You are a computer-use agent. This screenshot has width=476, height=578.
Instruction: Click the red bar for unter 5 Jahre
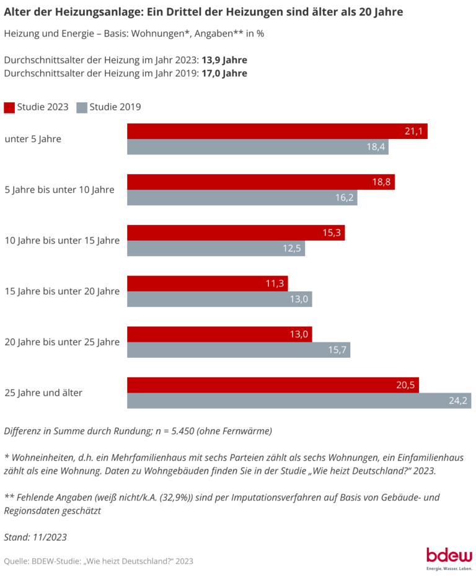277,131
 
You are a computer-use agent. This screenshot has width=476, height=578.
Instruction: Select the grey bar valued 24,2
299,401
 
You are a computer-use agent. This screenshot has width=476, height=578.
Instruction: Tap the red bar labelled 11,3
207,283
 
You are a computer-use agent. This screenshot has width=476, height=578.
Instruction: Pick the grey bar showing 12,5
216,249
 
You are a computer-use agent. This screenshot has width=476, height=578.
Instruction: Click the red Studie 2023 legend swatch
9,107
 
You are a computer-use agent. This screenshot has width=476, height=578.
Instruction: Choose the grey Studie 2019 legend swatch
81,107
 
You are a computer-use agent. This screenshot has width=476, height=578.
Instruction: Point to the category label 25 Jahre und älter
43,393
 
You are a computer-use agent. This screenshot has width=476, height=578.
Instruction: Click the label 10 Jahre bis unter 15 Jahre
61,240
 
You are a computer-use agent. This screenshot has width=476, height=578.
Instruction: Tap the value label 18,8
381,182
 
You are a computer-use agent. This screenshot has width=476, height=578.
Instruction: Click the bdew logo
449,556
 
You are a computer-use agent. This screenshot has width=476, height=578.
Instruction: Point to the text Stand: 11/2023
35,537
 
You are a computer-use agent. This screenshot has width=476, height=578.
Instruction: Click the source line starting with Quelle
99,561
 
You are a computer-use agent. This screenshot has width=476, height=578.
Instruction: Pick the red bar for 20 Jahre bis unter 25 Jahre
219,334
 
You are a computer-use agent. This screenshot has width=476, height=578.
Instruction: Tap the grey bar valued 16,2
242,198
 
